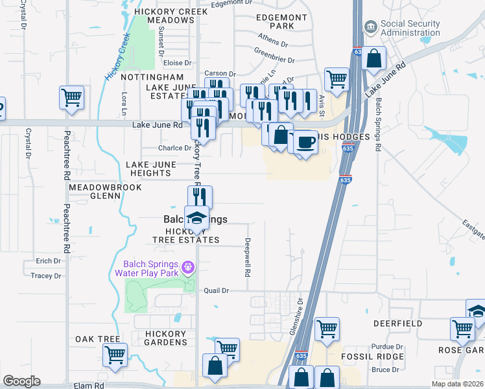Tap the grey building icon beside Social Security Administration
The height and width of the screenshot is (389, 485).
click(370, 27)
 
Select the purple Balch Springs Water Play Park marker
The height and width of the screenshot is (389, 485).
click(188, 266)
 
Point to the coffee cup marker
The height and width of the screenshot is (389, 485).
click(305, 141)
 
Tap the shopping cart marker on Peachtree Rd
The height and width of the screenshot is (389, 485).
click(71, 98)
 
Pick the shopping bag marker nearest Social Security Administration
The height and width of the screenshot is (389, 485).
click(374, 58)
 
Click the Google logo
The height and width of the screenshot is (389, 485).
click(21, 381)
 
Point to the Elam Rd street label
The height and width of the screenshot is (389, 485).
click(90, 385)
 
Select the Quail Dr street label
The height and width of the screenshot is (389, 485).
click(216, 291)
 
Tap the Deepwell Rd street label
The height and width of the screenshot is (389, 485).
click(247, 257)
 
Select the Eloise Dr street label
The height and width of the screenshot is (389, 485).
click(178, 64)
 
